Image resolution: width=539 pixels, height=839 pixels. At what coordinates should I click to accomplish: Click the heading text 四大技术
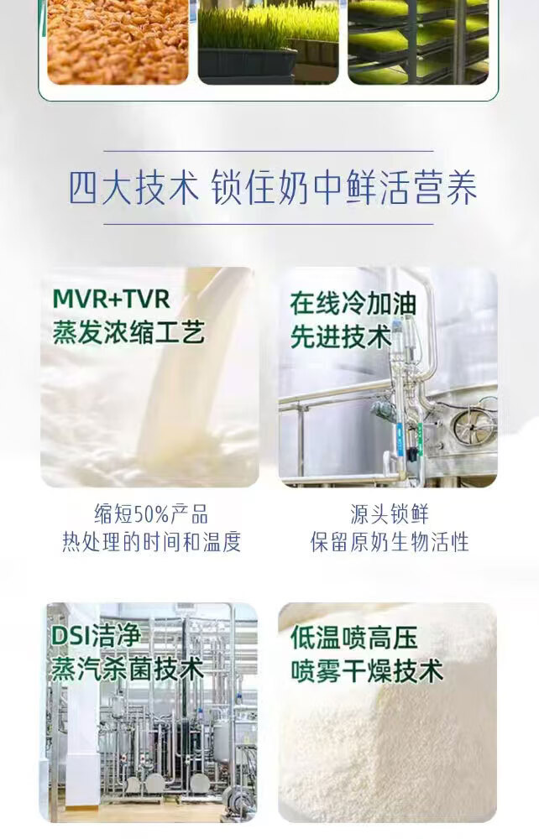(x=133, y=188)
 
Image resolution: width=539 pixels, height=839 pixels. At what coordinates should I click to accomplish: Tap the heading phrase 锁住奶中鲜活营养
(x=344, y=188)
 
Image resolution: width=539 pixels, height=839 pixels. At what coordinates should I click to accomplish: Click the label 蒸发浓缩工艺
(x=128, y=332)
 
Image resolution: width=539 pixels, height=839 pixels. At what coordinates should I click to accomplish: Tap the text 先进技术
(x=341, y=336)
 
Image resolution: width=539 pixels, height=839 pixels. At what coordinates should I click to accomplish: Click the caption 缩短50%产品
(x=151, y=514)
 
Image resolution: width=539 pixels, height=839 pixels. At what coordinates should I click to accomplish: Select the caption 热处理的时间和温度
(x=151, y=542)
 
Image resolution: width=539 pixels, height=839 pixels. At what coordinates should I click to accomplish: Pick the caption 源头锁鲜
(x=390, y=514)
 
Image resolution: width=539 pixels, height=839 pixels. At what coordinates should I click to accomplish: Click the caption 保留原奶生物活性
(x=390, y=542)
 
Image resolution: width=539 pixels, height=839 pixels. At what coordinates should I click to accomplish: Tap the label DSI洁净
(x=96, y=636)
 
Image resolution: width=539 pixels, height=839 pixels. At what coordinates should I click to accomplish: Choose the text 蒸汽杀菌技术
(x=128, y=669)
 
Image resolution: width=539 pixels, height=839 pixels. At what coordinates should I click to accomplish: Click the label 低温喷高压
(x=353, y=638)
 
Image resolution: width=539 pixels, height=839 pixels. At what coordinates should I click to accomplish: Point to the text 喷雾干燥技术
(x=367, y=671)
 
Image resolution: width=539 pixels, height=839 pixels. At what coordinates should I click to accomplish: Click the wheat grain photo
(x=118, y=42)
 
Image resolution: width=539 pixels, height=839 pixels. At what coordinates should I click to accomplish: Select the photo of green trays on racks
(x=418, y=42)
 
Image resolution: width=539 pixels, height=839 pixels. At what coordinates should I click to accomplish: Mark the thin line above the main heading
(x=269, y=151)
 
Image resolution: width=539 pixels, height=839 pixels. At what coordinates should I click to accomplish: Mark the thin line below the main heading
(x=269, y=224)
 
